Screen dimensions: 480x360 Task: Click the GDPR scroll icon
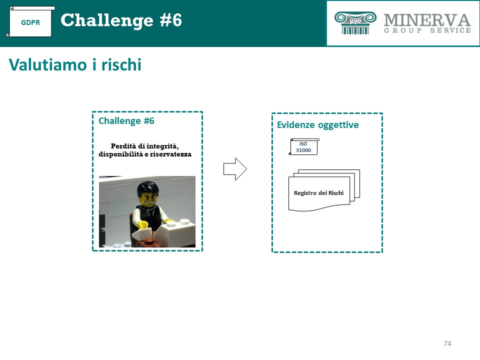[x=30, y=21]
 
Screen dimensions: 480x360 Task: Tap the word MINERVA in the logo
[x=427, y=20]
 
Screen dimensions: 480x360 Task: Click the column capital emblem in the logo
[x=355, y=22]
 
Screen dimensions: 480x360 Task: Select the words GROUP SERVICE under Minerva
[x=427, y=30]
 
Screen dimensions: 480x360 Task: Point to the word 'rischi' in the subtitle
[x=121, y=65]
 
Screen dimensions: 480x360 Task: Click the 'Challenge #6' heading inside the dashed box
[x=126, y=121]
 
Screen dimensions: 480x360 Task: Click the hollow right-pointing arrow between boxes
[x=235, y=169]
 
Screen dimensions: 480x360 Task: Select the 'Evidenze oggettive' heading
[x=318, y=125]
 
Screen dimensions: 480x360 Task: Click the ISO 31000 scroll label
[x=303, y=147]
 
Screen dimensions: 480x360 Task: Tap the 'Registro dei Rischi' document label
[x=318, y=193]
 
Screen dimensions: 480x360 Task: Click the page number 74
[x=447, y=343]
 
